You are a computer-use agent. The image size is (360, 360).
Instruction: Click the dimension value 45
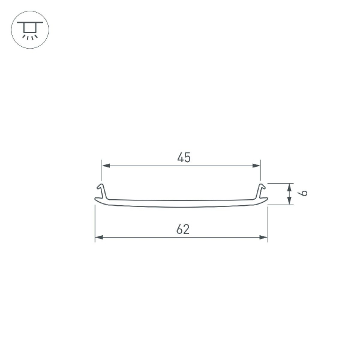pyautogui.click(x=184, y=158)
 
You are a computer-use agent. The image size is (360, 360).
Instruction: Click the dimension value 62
pyautogui.click(x=183, y=229)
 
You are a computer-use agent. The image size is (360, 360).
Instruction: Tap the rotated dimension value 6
pyautogui.click(x=304, y=193)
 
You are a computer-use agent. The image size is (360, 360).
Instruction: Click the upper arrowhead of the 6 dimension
pyautogui.click(x=290, y=187)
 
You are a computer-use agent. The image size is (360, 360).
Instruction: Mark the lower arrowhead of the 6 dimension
pyautogui.click(x=290, y=201)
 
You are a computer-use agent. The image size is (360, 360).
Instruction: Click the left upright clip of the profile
pyautogui.click(x=102, y=191)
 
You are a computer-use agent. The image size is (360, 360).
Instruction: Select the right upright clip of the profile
pyautogui.click(x=260, y=191)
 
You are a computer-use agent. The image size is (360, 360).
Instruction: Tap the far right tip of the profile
pyautogui.click(x=266, y=200)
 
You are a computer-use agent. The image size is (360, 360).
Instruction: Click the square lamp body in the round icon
pyautogui.click(x=29, y=28)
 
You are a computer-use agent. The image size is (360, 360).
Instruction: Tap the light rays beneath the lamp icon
pyautogui.click(x=29, y=36)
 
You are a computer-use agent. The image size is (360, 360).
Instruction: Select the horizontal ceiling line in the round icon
pyautogui.click(x=29, y=23)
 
